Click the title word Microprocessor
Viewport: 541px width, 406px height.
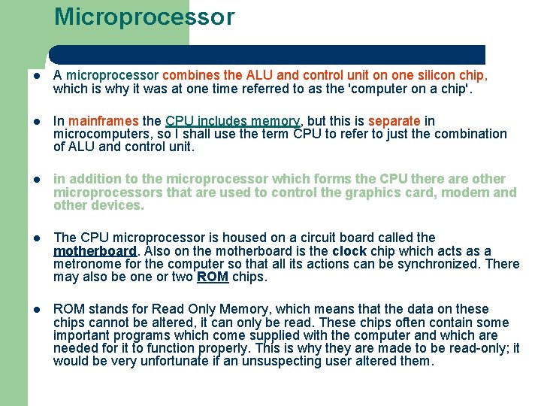pyautogui.click(x=144, y=17)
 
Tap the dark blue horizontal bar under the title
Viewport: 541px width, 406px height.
pyautogui.click(x=267, y=54)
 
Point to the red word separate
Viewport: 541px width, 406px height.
pyautogui.click(x=394, y=121)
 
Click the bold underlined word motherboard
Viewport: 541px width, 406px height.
pyautogui.click(x=95, y=251)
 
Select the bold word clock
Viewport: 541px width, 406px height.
pyautogui.click(x=349, y=251)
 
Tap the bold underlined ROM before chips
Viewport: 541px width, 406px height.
pyautogui.click(x=213, y=277)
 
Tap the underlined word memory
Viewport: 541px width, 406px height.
pyautogui.click(x=275, y=121)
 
